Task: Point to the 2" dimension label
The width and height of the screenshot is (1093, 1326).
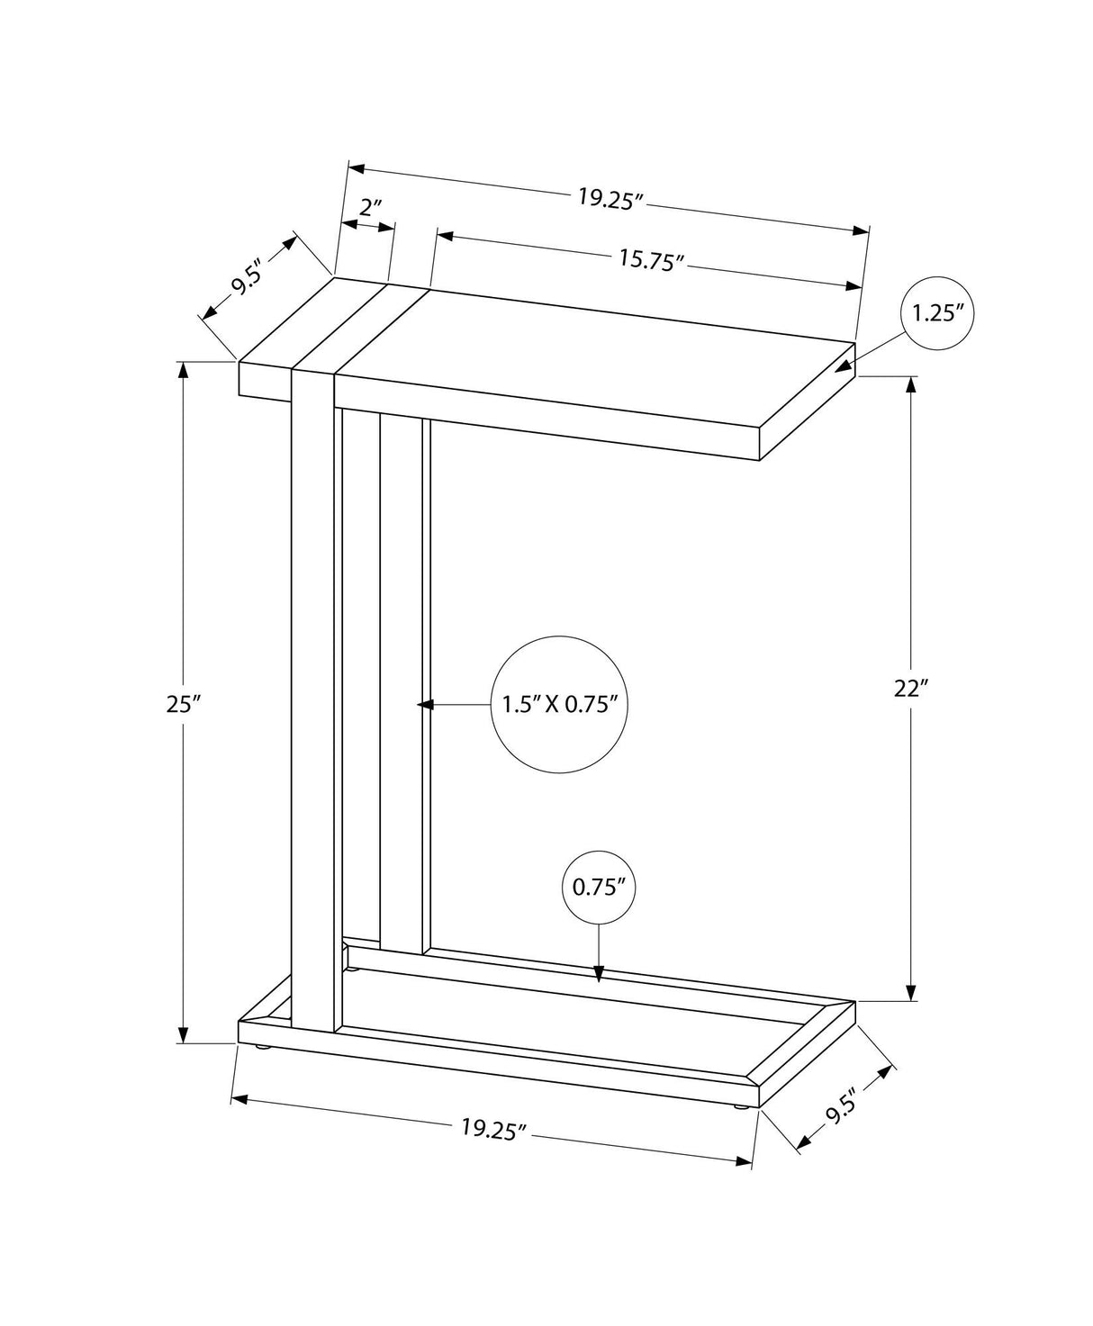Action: click(x=371, y=208)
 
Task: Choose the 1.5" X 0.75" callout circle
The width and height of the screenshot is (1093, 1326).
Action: click(x=558, y=704)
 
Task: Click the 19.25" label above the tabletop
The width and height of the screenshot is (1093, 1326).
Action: click(x=611, y=198)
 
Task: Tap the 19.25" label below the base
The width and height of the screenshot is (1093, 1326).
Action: click(x=492, y=1129)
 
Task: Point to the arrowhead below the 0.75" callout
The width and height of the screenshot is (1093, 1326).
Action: click(x=600, y=973)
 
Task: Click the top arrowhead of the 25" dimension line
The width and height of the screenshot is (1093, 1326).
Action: click(x=184, y=370)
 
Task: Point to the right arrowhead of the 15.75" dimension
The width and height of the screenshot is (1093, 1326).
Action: click(x=854, y=286)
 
